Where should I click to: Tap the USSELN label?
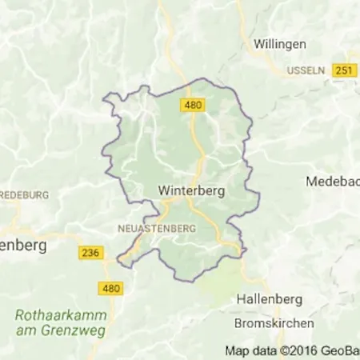coord(306,70)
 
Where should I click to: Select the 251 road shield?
coord(345,70)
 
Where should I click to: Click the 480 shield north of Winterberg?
coord(193,105)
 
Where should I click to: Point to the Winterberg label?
coord(191,192)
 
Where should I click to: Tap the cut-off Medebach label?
coord(332,182)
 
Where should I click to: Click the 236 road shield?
coord(92,253)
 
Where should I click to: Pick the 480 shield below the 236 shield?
coord(112,287)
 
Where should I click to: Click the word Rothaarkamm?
coord(50,314)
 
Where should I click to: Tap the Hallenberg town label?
coord(269,299)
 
